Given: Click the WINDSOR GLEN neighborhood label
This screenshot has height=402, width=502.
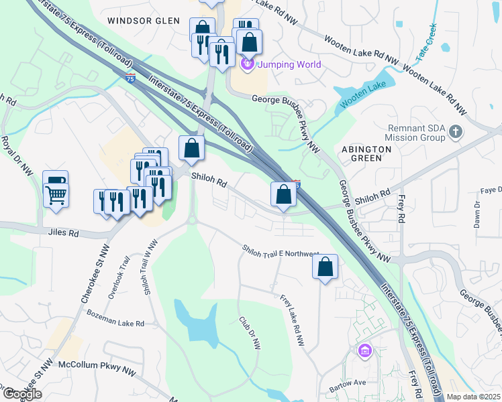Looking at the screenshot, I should (144, 21).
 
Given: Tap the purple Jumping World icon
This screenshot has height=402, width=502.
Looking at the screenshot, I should (247, 64).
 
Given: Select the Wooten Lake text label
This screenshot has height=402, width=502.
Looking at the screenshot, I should (362, 103).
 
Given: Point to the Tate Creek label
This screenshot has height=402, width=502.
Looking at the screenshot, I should (428, 38).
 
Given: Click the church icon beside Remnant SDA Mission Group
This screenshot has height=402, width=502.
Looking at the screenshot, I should (456, 131).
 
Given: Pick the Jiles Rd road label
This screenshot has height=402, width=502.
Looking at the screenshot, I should (64, 234).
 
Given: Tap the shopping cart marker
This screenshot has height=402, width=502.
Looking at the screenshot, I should (56, 195).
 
